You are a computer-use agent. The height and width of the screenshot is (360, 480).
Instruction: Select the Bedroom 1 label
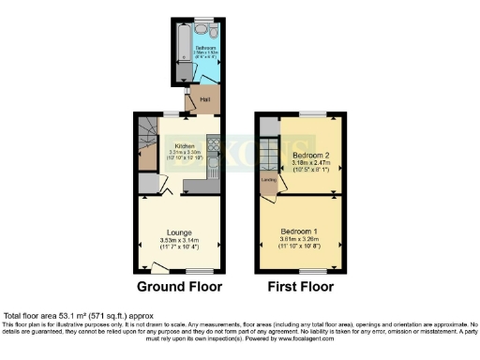(x=299, y=230)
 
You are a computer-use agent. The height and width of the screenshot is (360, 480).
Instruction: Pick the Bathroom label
(x=205, y=45)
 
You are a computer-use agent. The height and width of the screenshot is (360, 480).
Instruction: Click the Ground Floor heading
(x=178, y=287)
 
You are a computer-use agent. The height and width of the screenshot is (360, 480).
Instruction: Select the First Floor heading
(x=299, y=287)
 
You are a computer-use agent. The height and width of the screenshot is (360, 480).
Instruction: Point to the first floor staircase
(x=270, y=152)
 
